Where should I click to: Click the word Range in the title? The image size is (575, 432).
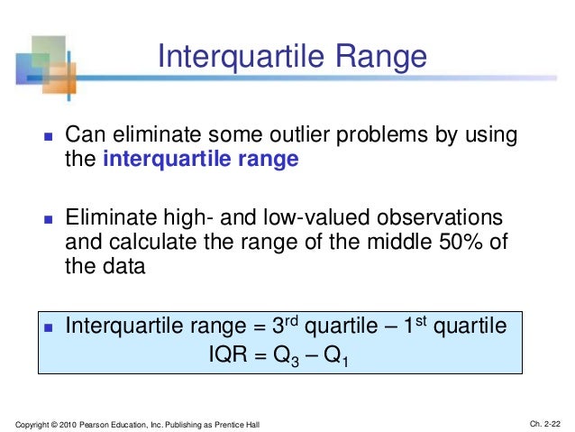[381, 57]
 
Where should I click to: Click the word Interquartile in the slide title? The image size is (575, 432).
[241, 57]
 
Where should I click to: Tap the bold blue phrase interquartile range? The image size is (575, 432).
[201, 160]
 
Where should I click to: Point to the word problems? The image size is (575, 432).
[382, 135]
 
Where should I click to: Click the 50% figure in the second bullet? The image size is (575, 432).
[461, 242]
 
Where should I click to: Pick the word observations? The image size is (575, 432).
[439, 217]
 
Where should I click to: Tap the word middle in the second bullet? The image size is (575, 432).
[399, 242]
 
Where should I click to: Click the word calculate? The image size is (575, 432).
[152, 242]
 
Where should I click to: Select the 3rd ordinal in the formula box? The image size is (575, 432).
[286, 325]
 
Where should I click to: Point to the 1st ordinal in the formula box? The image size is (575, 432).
[415, 325]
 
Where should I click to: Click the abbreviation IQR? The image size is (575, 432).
[228, 354]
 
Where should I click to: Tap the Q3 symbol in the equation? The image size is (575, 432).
[286, 356]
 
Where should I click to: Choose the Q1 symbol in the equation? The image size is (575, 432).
[335, 356]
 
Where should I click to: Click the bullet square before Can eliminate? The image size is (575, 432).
[49, 136]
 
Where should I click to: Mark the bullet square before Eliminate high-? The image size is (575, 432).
[49, 219]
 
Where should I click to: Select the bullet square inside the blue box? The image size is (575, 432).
[49, 327]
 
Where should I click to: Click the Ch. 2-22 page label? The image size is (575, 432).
[545, 424]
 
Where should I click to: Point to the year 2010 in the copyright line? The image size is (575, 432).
[68, 425]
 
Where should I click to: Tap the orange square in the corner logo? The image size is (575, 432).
[59, 78]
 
